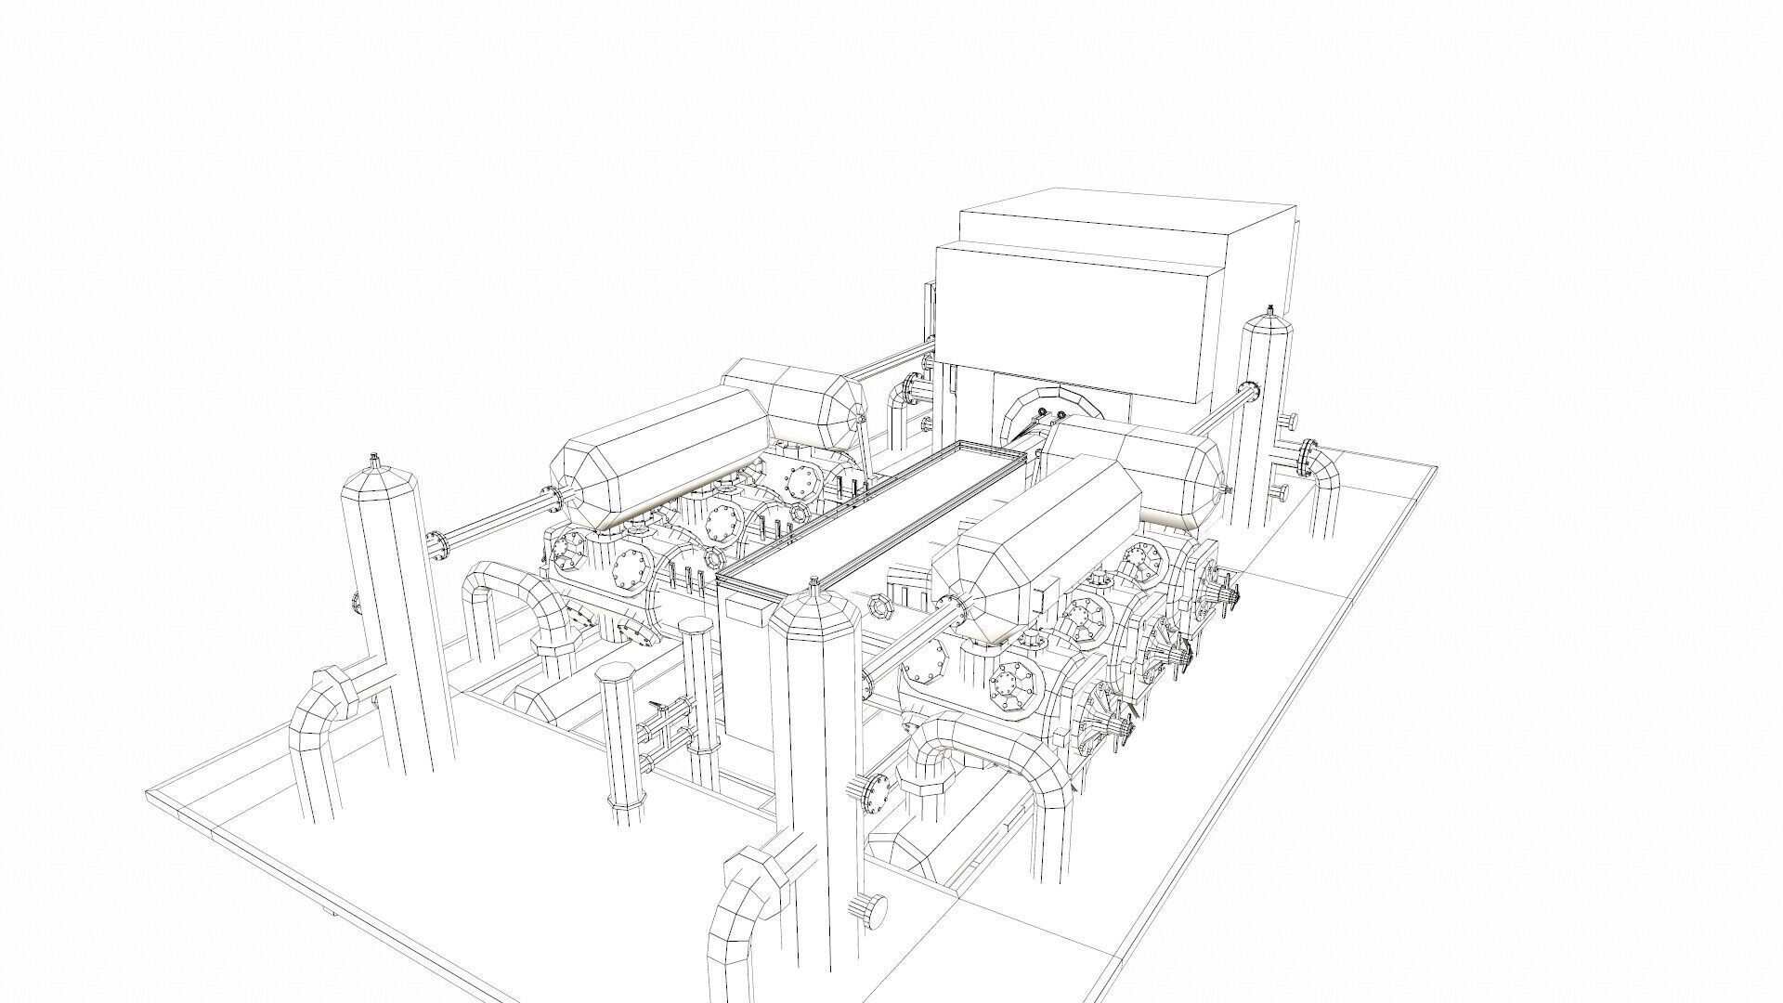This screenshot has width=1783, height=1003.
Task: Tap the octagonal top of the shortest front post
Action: coord(619,675)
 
